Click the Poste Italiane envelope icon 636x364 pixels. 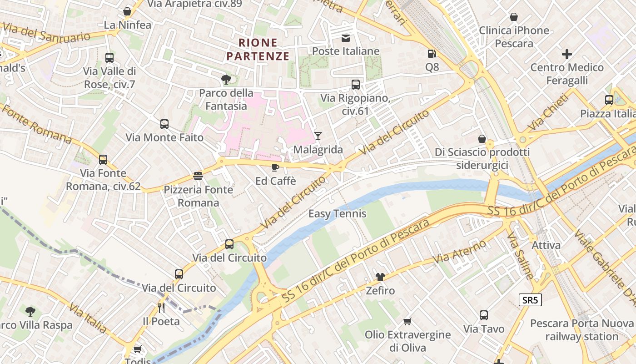346,38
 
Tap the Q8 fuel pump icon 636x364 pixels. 432,54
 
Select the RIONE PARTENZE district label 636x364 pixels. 258,50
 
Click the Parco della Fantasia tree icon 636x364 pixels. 226,80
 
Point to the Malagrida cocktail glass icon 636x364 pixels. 318,136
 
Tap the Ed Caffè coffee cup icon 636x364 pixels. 275,167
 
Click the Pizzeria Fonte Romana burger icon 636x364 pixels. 198,176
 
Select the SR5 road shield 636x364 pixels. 530,300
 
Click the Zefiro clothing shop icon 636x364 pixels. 380,277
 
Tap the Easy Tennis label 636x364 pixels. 338,213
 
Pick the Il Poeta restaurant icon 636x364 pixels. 161,308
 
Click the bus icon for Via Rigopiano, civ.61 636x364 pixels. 356,84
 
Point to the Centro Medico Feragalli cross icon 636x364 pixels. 567,54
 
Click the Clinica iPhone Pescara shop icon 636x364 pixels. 514,17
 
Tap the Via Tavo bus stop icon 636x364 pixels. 484,315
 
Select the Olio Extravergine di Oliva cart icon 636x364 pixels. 407,321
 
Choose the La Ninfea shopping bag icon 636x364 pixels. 127,11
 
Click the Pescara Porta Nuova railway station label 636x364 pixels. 581,330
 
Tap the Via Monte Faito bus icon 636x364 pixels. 164,124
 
